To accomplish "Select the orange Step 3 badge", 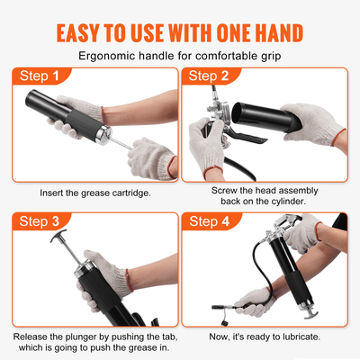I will pyautogui.click(x=40, y=221).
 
